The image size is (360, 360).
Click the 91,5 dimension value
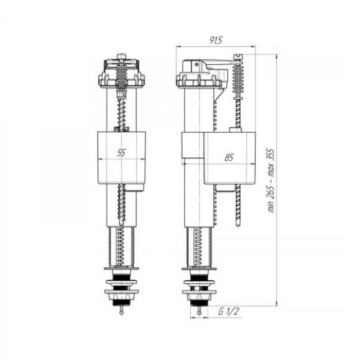(215, 41)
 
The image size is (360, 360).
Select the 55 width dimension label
(121, 152)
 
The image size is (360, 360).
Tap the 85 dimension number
(229, 157)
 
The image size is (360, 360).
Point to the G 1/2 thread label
(229, 312)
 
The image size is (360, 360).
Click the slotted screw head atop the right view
(238, 57)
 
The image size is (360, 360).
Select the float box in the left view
(122, 158)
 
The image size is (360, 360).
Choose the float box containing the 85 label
(229, 158)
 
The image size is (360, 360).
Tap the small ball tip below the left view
(122, 312)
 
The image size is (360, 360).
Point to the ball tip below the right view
(200, 313)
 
